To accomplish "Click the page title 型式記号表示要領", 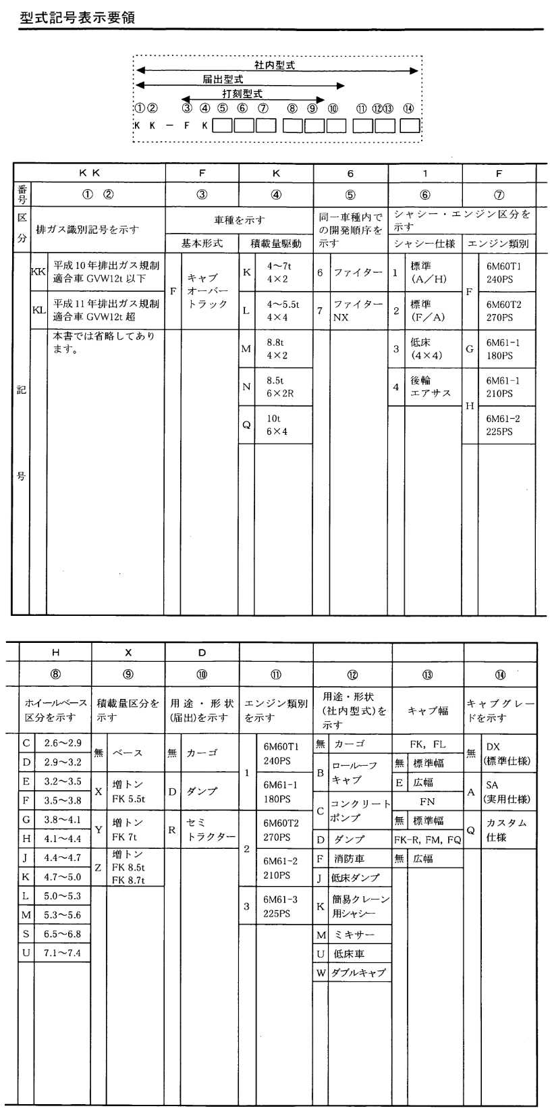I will (x=78, y=17).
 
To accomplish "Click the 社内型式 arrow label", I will (x=274, y=65).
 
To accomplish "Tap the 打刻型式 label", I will (x=242, y=94).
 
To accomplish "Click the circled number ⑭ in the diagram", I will (x=408, y=109).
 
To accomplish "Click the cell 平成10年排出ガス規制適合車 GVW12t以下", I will (x=107, y=272).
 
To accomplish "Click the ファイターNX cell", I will (x=357, y=310).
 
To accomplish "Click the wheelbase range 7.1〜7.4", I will (x=62, y=952).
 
